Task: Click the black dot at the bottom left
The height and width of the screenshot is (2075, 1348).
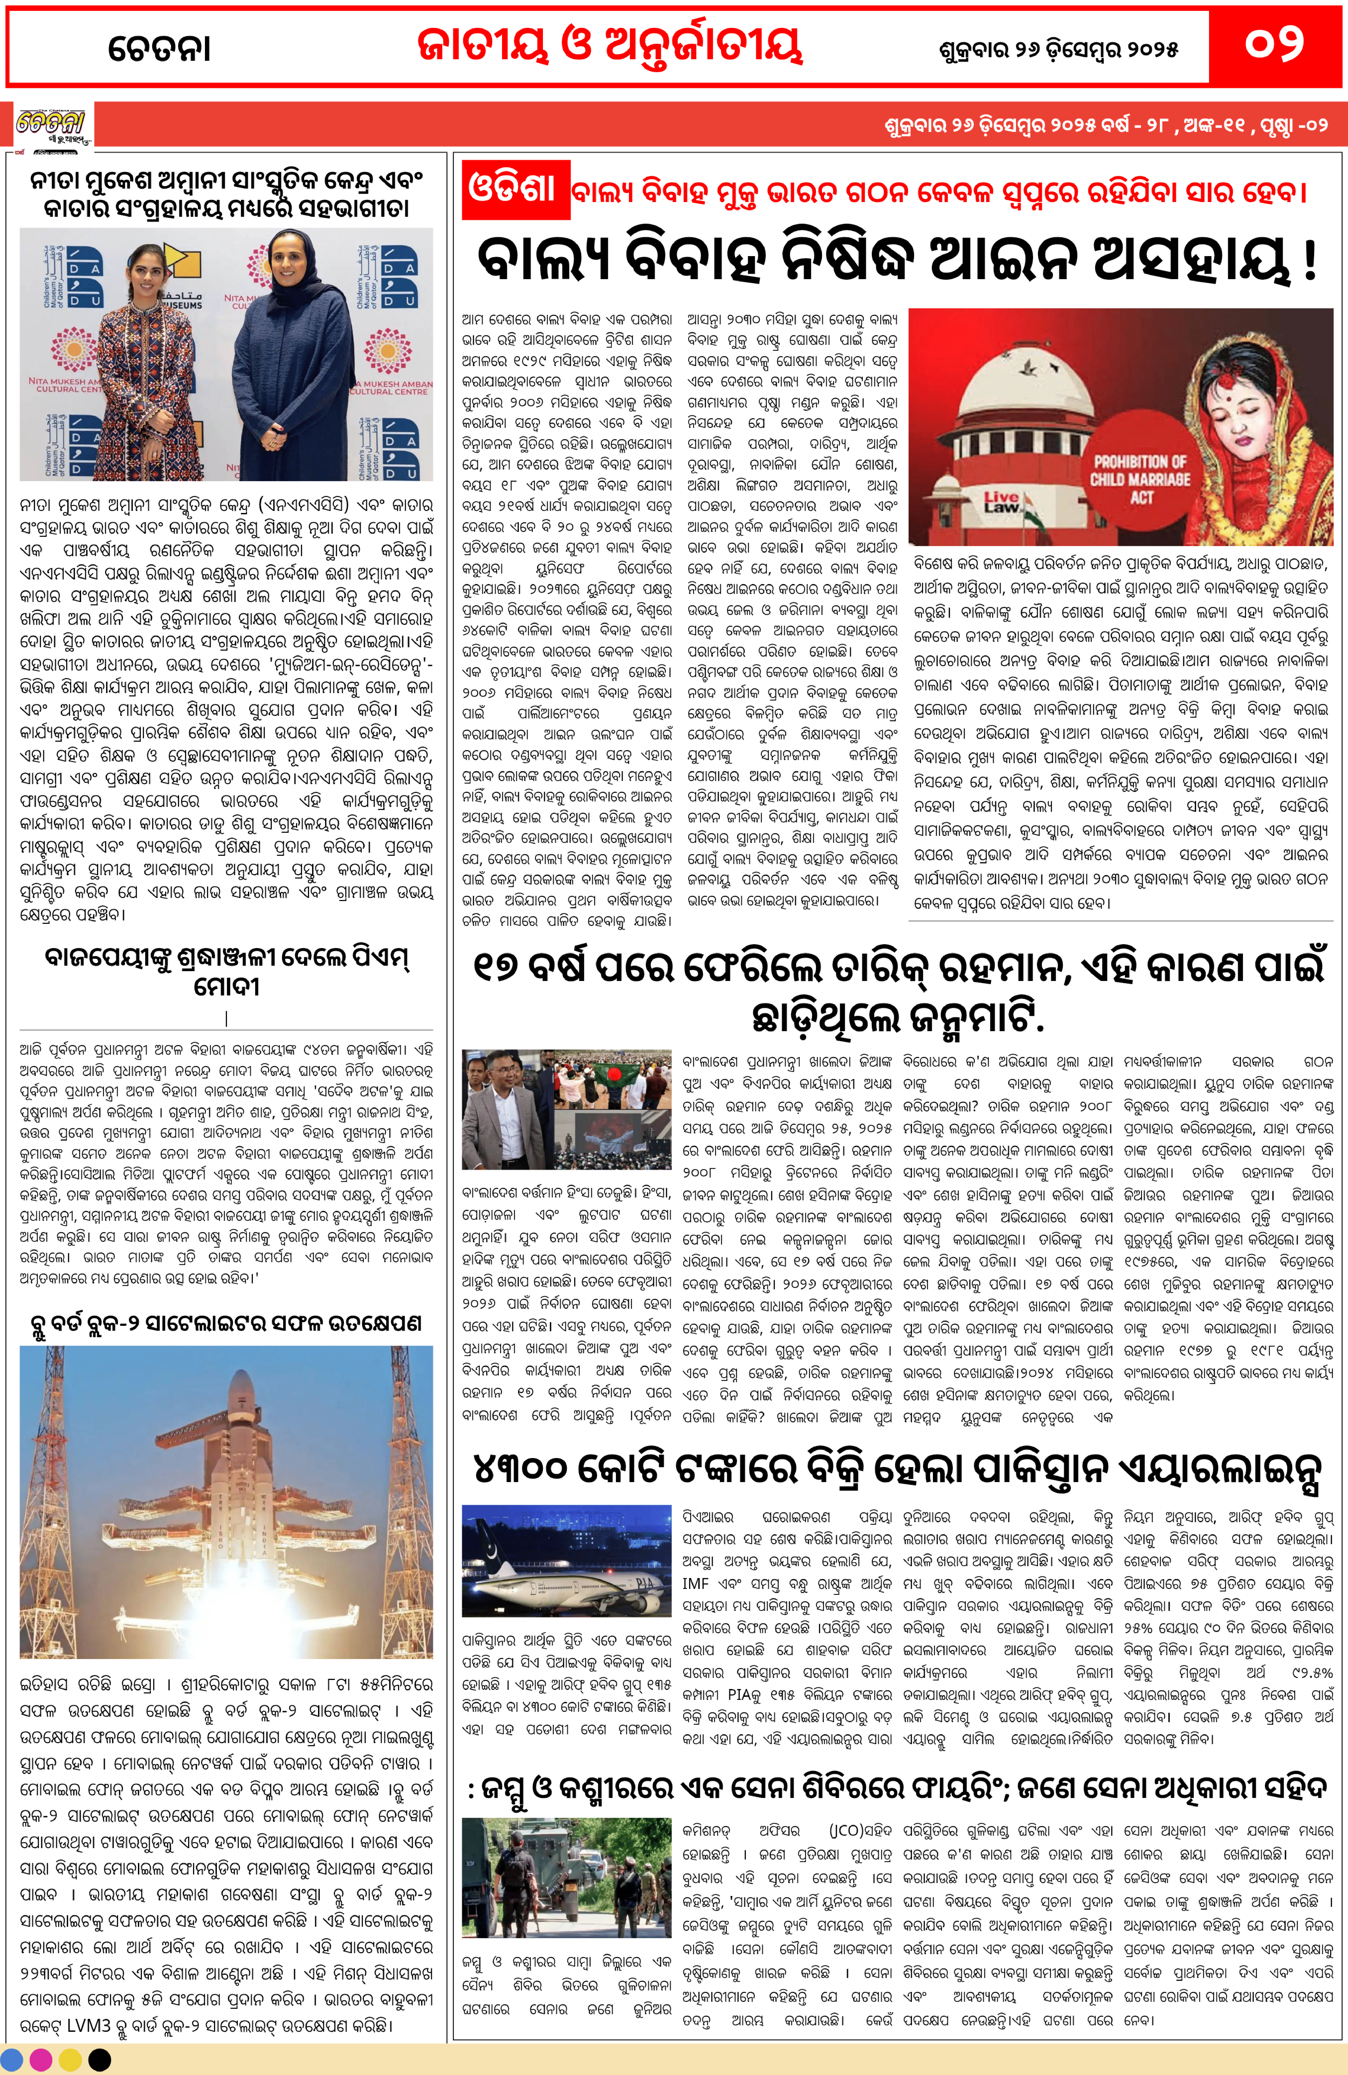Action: (100, 2060)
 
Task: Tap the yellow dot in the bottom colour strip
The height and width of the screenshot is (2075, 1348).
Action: (71, 2060)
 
